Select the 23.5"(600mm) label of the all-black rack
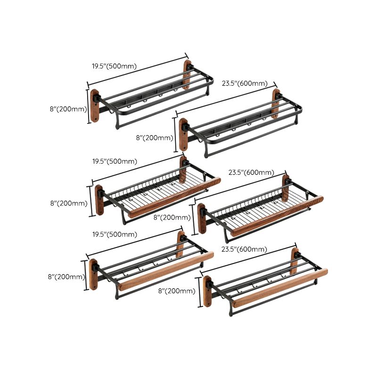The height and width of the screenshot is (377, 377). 245,83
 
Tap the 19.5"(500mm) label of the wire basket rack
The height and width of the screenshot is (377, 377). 115,161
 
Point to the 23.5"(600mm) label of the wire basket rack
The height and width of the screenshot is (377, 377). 251,173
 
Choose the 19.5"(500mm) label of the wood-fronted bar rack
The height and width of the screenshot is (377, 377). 115,234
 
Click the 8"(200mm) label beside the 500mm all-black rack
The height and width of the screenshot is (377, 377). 68,109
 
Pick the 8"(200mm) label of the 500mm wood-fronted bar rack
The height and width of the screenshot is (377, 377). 66,277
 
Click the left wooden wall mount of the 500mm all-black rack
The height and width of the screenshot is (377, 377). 95,106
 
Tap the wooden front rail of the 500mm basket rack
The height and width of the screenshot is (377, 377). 174,196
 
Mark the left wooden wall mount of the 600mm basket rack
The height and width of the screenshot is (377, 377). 202,218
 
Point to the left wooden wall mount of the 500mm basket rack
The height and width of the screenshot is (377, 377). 99,200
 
